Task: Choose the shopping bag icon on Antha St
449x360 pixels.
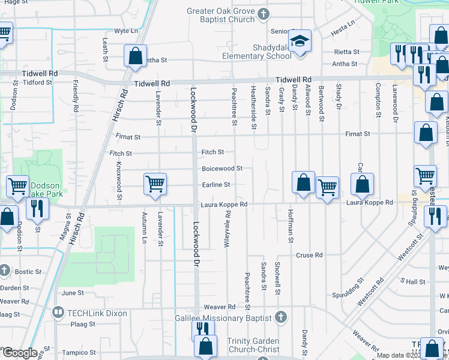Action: click(x=136, y=56)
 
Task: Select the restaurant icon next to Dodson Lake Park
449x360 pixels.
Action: click(x=37, y=208)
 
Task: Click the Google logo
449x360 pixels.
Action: click(x=20, y=353)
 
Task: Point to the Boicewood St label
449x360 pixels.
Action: click(x=221, y=169)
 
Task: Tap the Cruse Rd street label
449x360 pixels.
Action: click(x=309, y=255)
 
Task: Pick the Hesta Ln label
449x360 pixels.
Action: click(x=344, y=26)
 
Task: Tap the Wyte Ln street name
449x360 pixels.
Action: click(x=126, y=31)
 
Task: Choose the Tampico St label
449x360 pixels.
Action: click(x=80, y=352)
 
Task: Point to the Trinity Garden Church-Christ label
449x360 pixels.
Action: click(x=253, y=345)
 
